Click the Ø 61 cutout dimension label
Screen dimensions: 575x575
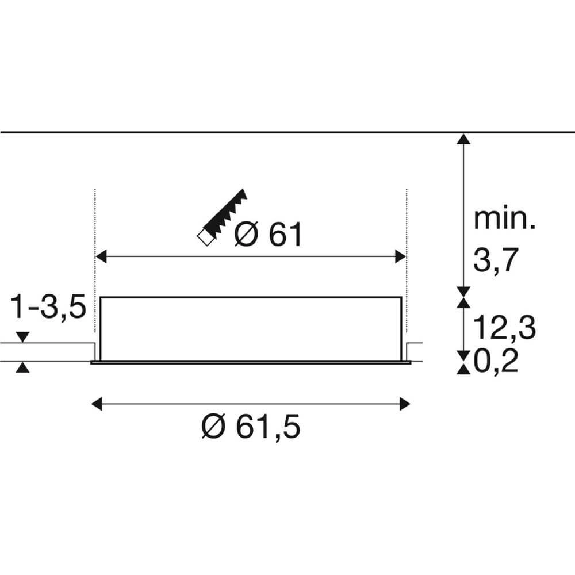click(269, 235)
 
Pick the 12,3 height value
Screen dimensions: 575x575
click(504, 328)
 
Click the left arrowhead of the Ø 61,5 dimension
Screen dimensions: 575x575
click(98, 404)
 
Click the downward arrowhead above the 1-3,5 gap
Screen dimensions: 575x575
click(22, 337)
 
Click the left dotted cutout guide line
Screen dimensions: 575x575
click(94, 259)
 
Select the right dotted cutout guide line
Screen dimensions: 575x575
click(407, 259)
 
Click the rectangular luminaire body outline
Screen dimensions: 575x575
click(251, 298)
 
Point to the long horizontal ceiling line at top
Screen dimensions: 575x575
click(230, 132)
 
